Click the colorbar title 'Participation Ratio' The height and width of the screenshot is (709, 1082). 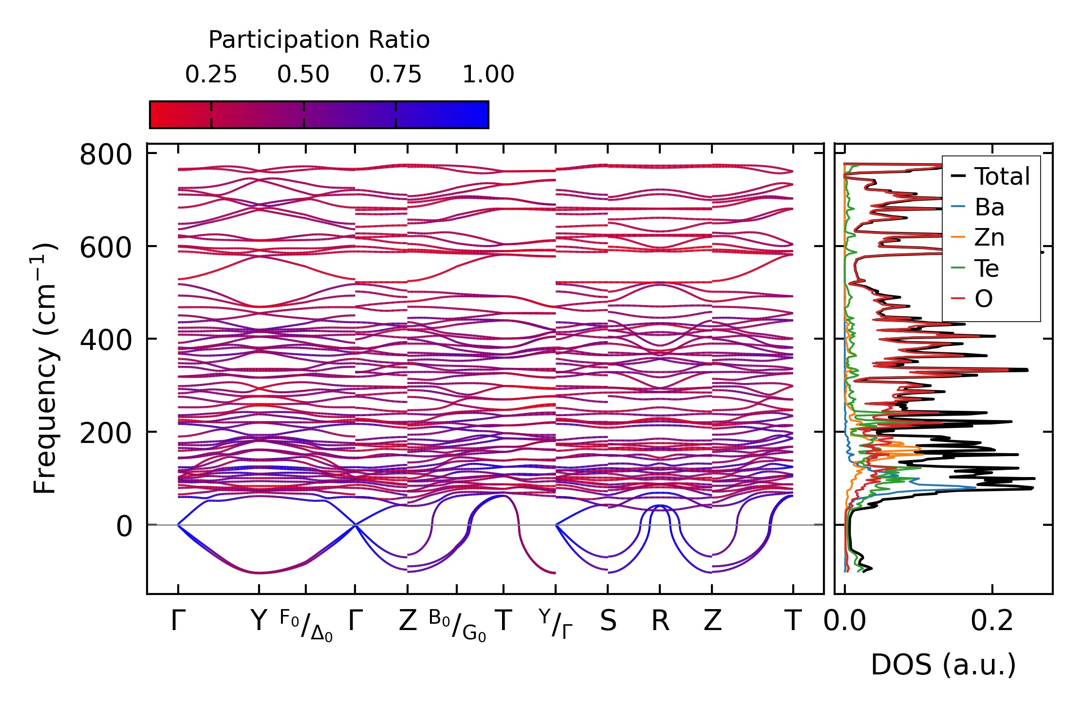pyautogui.click(x=319, y=40)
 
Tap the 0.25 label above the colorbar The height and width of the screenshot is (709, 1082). pyautogui.click(x=211, y=75)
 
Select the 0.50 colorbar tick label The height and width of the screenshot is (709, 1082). pyautogui.click(x=303, y=75)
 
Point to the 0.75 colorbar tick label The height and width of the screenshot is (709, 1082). pyautogui.click(x=395, y=75)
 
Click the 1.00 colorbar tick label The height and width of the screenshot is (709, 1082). pyautogui.click(x=488, y=75)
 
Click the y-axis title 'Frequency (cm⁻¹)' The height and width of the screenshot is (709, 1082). pyautogui.click(x=45, y=368)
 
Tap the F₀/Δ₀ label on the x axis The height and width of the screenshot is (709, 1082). pyautogui.click(x=306, y=625)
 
